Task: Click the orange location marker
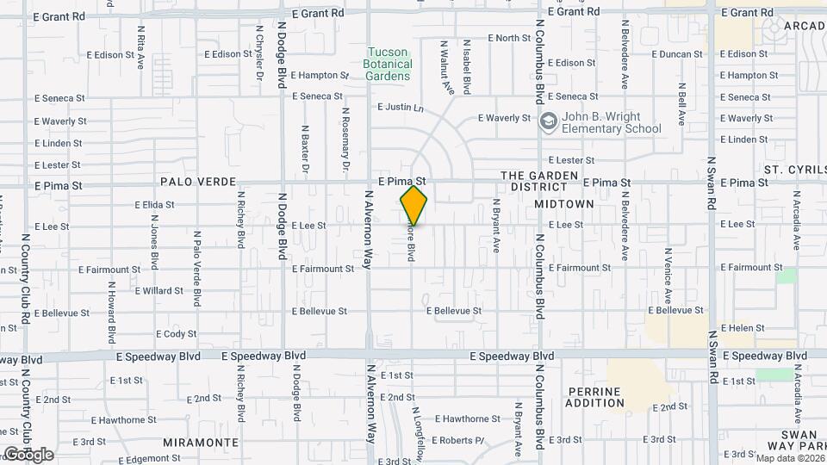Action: pos(413,206)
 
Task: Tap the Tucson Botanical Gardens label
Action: pos(388,64)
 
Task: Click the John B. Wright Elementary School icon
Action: pos(547,122)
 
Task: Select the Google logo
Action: pos(28,454)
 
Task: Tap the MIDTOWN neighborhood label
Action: pos(564,204)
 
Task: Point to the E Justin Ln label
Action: pos(401,108)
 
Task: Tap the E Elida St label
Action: pos(154,205)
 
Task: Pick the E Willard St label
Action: pos(159,290)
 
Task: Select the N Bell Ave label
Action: pos(681,104)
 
